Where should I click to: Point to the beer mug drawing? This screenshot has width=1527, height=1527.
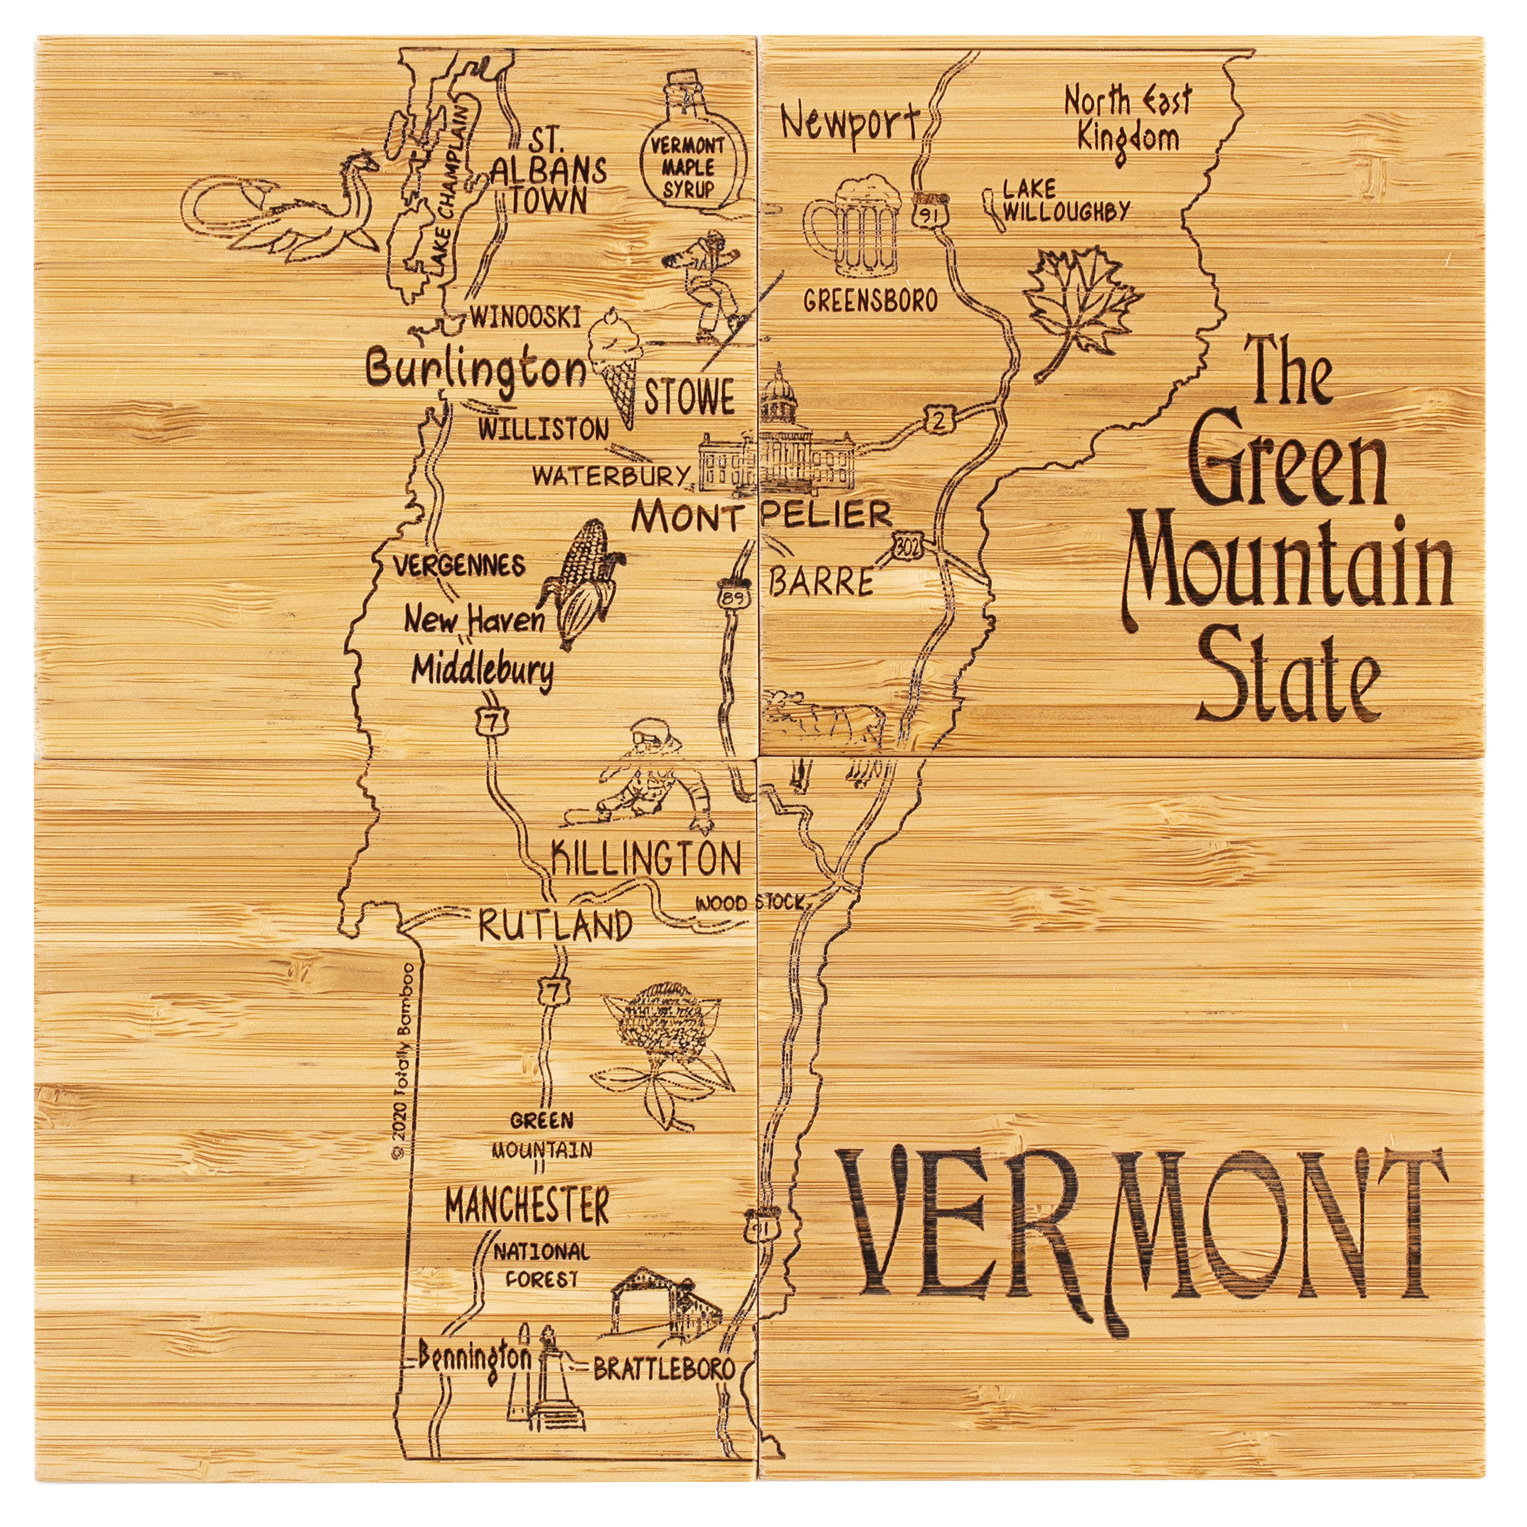pyautogui.click(x=854, y=225)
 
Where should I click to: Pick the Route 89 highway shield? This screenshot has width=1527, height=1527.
pyautogui.click(x=732, y=599)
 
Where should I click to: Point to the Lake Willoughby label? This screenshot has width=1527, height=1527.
pyautogui.click(x=1063, y=200)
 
